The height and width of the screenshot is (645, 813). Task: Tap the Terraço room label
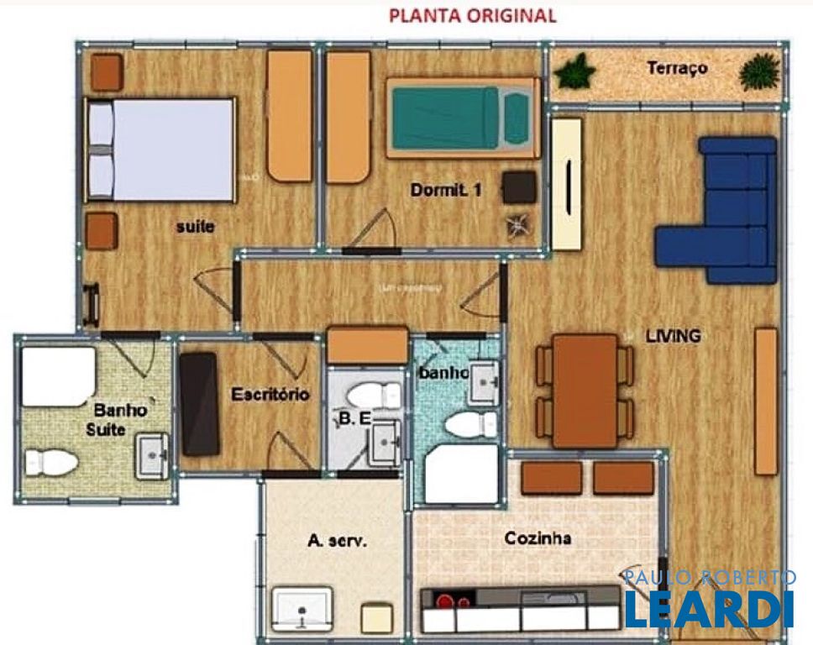677,69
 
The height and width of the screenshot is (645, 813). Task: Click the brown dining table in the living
585,390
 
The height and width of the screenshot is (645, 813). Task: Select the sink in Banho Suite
151,456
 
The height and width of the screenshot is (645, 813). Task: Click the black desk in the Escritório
200,404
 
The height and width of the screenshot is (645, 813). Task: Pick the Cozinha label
538,538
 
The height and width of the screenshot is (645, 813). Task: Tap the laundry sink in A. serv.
302,608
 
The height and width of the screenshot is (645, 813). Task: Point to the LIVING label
673,336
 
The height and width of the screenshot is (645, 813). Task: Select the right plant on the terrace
759,72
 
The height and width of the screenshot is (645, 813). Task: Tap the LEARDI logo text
708,609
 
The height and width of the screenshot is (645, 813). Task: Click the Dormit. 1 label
446,191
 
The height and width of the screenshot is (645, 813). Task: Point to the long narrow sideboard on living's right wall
765,401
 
